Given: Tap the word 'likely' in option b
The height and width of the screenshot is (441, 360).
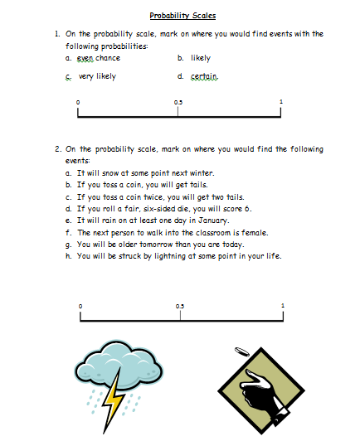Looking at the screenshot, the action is (201, 59).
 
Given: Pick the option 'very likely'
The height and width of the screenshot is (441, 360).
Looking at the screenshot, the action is (97, 76).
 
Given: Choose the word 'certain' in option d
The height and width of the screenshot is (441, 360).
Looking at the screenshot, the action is (203, 76).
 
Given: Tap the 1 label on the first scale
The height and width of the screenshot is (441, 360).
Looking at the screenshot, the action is (281, 102).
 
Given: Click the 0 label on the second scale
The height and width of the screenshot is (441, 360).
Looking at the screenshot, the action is (80, 307).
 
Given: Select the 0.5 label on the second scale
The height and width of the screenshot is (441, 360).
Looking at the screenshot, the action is (180, 307).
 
